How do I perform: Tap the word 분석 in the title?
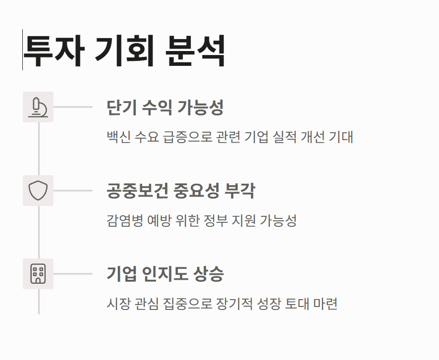pyautogui.click(x=196, y=51)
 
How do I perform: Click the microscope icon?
pyautogui.click(x=38, y=107)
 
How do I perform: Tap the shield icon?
pyautogui.click(x=38, y=191)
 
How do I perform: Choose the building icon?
pyautogui.click(x=38, y=274)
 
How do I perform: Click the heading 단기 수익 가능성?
pyautogui.click(x=165, y=107)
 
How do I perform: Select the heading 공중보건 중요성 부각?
pyautogui.click(x=181, y=191)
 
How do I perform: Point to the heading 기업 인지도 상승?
pyautogui.click(x=165, y=274)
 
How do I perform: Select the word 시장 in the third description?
pyautogui.click(x=118, y=304)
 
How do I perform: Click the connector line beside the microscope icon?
pyautogui.click(x=73, y=107)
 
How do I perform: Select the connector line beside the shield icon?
pyautogui.click(x=73, y=191)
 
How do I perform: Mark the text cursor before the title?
pyautogui.click(x=22, y=50)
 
